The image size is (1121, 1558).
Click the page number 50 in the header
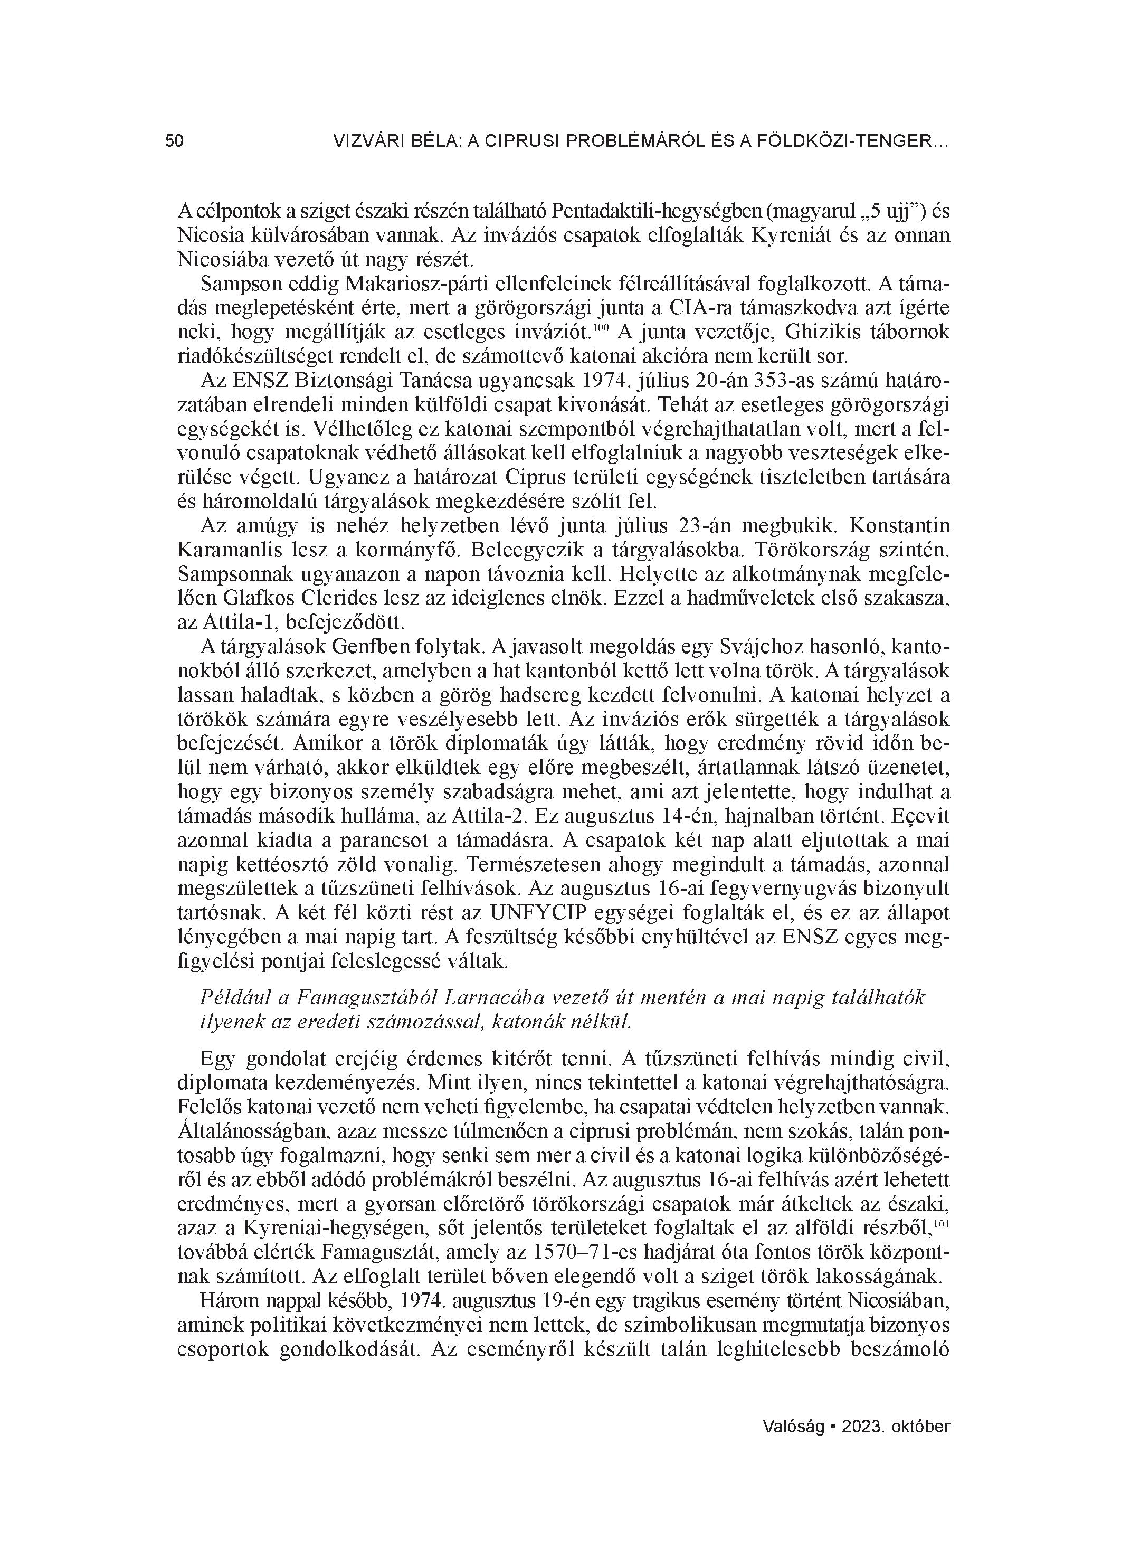175,141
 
